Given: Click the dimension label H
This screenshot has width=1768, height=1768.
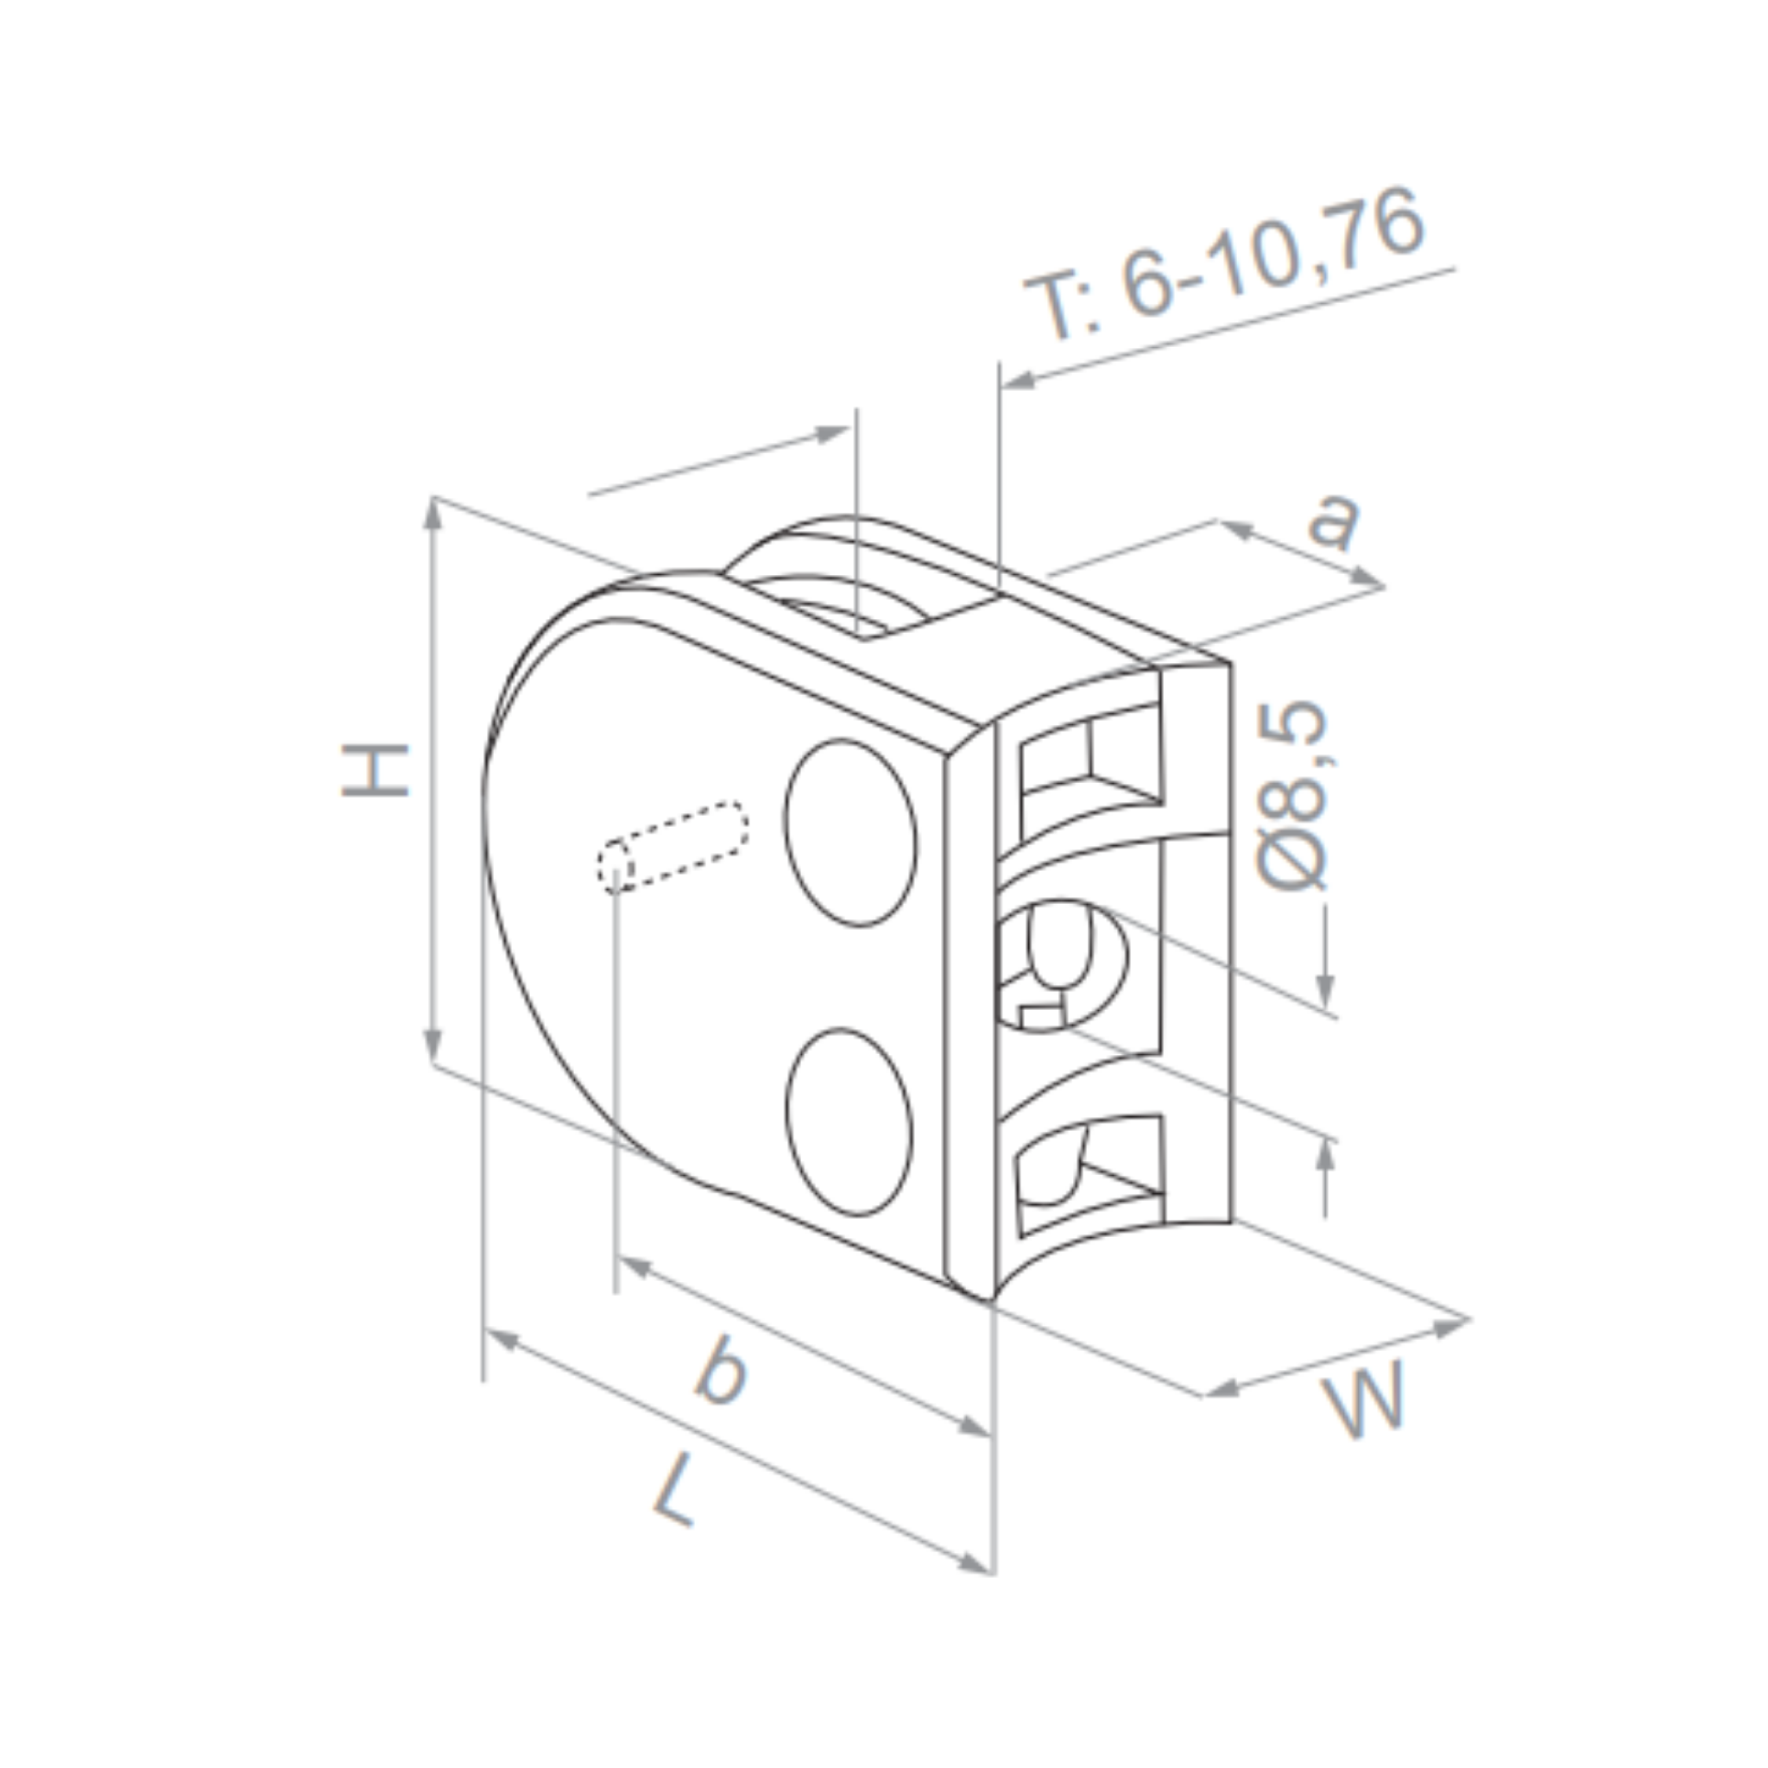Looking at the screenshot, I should point(376,771).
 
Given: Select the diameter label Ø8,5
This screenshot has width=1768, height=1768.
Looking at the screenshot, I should point(1292,795).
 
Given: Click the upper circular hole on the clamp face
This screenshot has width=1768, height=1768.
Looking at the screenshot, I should point(849,833).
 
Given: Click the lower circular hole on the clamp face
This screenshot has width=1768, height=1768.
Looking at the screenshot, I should point(849,1122).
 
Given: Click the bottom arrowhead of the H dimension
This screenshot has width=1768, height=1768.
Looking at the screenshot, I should point(433,1045).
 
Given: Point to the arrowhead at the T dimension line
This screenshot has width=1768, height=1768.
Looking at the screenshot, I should point(1018,381).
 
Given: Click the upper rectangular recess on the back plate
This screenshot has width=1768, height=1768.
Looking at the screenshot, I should point(1089,764).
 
